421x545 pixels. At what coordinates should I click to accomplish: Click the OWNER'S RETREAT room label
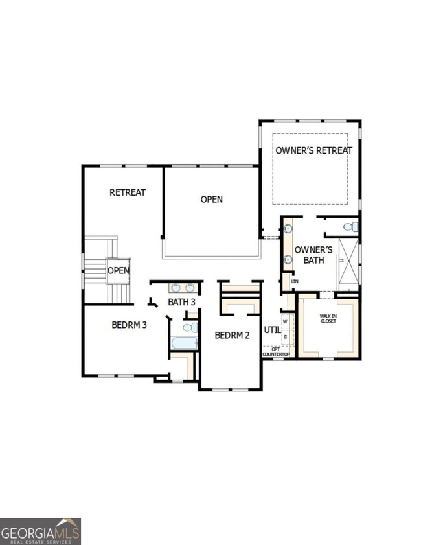(314, 150)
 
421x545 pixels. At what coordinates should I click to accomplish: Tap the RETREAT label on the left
(128, 192)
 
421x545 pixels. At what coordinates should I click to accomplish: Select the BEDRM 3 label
(130, 325)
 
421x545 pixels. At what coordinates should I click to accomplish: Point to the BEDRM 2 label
(233, 335)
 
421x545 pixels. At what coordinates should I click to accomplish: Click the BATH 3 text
(182, 302)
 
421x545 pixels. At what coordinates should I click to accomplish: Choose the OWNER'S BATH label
(313, 255)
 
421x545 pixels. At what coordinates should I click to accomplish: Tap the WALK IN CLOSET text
(328, 318)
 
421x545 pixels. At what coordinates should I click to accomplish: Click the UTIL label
(273, 330)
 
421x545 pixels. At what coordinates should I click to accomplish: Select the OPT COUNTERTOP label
(276, 352)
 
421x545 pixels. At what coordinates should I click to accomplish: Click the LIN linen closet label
(295, 281)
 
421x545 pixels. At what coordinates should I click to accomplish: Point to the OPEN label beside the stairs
(119, 270)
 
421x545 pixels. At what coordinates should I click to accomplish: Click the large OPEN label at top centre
(212, 200)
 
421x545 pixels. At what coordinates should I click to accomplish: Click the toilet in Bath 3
(190, 327)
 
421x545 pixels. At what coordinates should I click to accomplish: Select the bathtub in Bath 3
(183, 344)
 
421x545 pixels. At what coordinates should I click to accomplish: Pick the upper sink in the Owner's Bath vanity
(288, 229)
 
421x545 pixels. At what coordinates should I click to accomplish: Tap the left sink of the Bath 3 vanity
(176, 288)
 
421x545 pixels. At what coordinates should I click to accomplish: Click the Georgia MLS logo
(41, 531)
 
